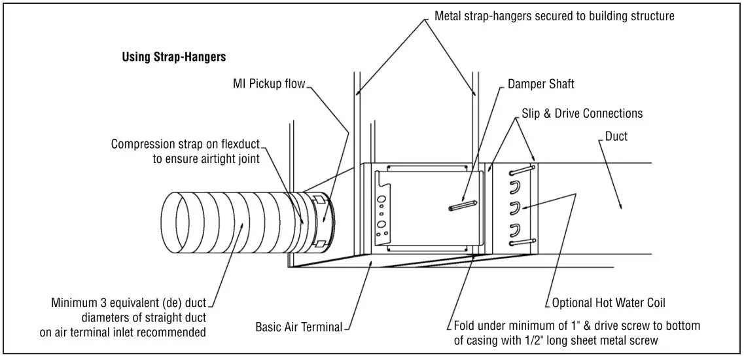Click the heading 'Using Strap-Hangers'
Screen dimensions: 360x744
coord(174,57)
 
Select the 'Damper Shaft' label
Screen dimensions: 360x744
coord(541,84)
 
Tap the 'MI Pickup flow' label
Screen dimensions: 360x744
coord(269,84)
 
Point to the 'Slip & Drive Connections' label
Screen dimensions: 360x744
coord(582,113)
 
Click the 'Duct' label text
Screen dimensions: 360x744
coord(616,137)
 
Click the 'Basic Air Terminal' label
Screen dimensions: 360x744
coord(298,327)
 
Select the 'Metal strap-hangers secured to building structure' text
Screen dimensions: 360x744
coord(554,15)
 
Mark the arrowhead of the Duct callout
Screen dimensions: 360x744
coord(621,207)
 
